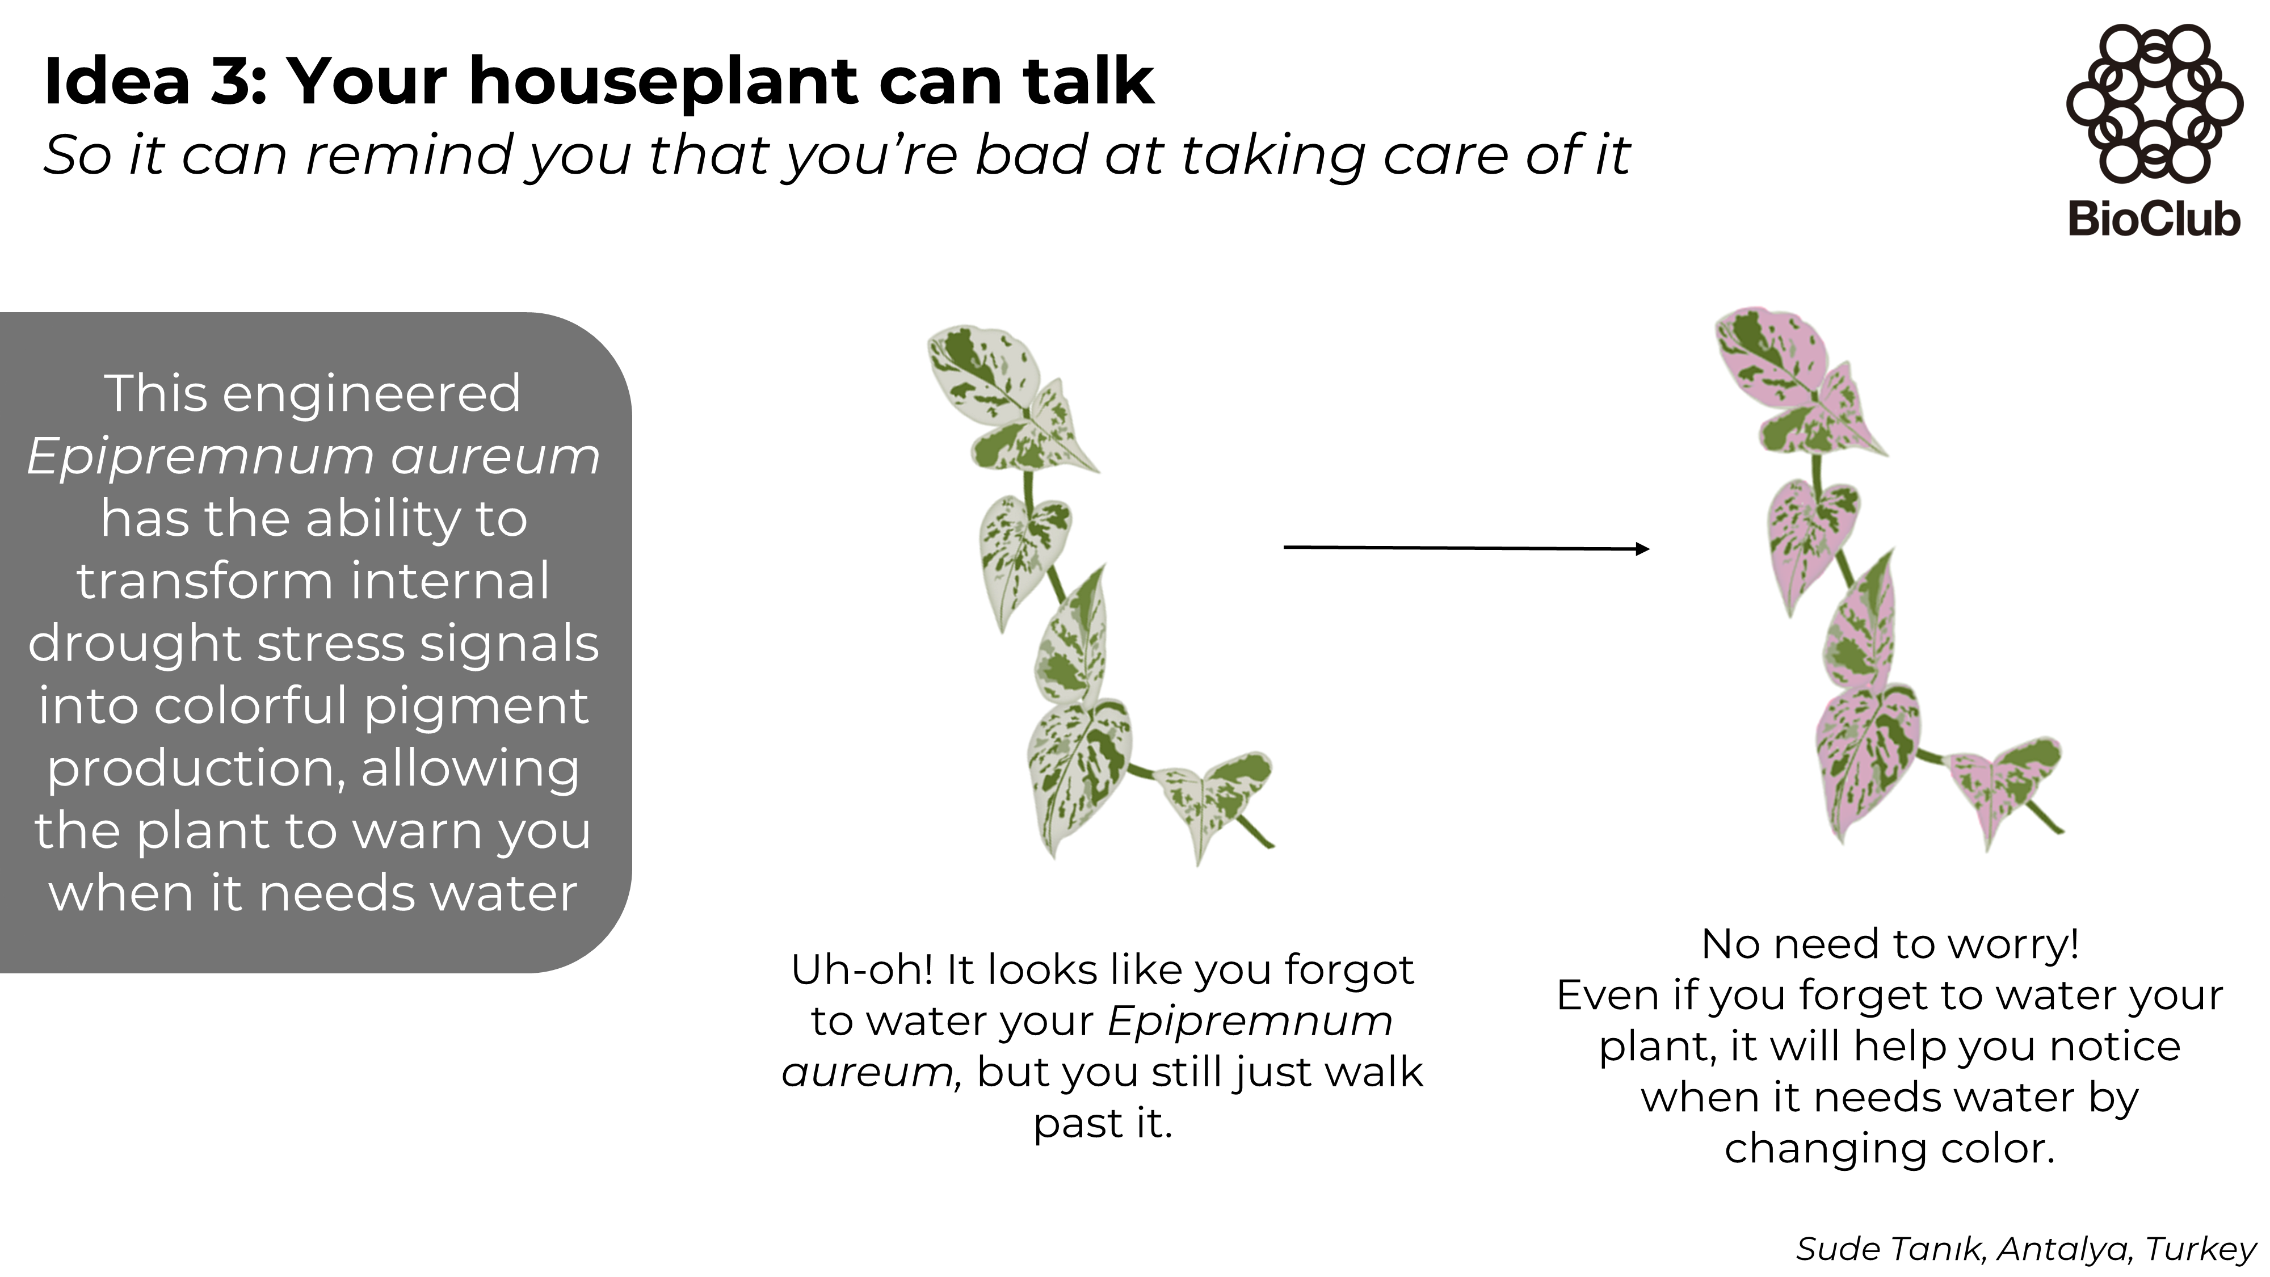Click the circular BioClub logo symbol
[x=2154, y=103]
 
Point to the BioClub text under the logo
[x=2154, y=219]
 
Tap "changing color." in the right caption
[x=1890, y=1148]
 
